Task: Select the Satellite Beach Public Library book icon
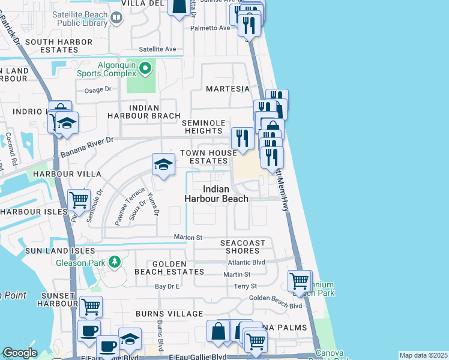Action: (x=116, y=18)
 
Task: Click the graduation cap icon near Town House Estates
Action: (x=163, y=165)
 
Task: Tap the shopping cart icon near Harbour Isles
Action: (x=79, y=200)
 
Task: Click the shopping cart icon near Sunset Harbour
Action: (x=90, y=307)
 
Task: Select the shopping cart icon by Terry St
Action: (x=299, y=280)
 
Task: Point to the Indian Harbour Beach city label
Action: (x=216, y=194)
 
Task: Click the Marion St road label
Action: (x=188, y=237)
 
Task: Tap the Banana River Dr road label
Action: (x=86, y=148)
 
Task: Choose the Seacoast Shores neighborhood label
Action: (x=243, y=247)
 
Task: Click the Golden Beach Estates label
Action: (x=178, y=268)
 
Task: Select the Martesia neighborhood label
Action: (x=228, y=89)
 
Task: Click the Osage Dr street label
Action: (x=98, y=89)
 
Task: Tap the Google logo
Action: (x=20, y=353)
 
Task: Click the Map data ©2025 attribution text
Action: (x=423, y=355)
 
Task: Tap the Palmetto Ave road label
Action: (x=210, y=28)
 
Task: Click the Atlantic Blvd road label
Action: (x=246, y=262)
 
